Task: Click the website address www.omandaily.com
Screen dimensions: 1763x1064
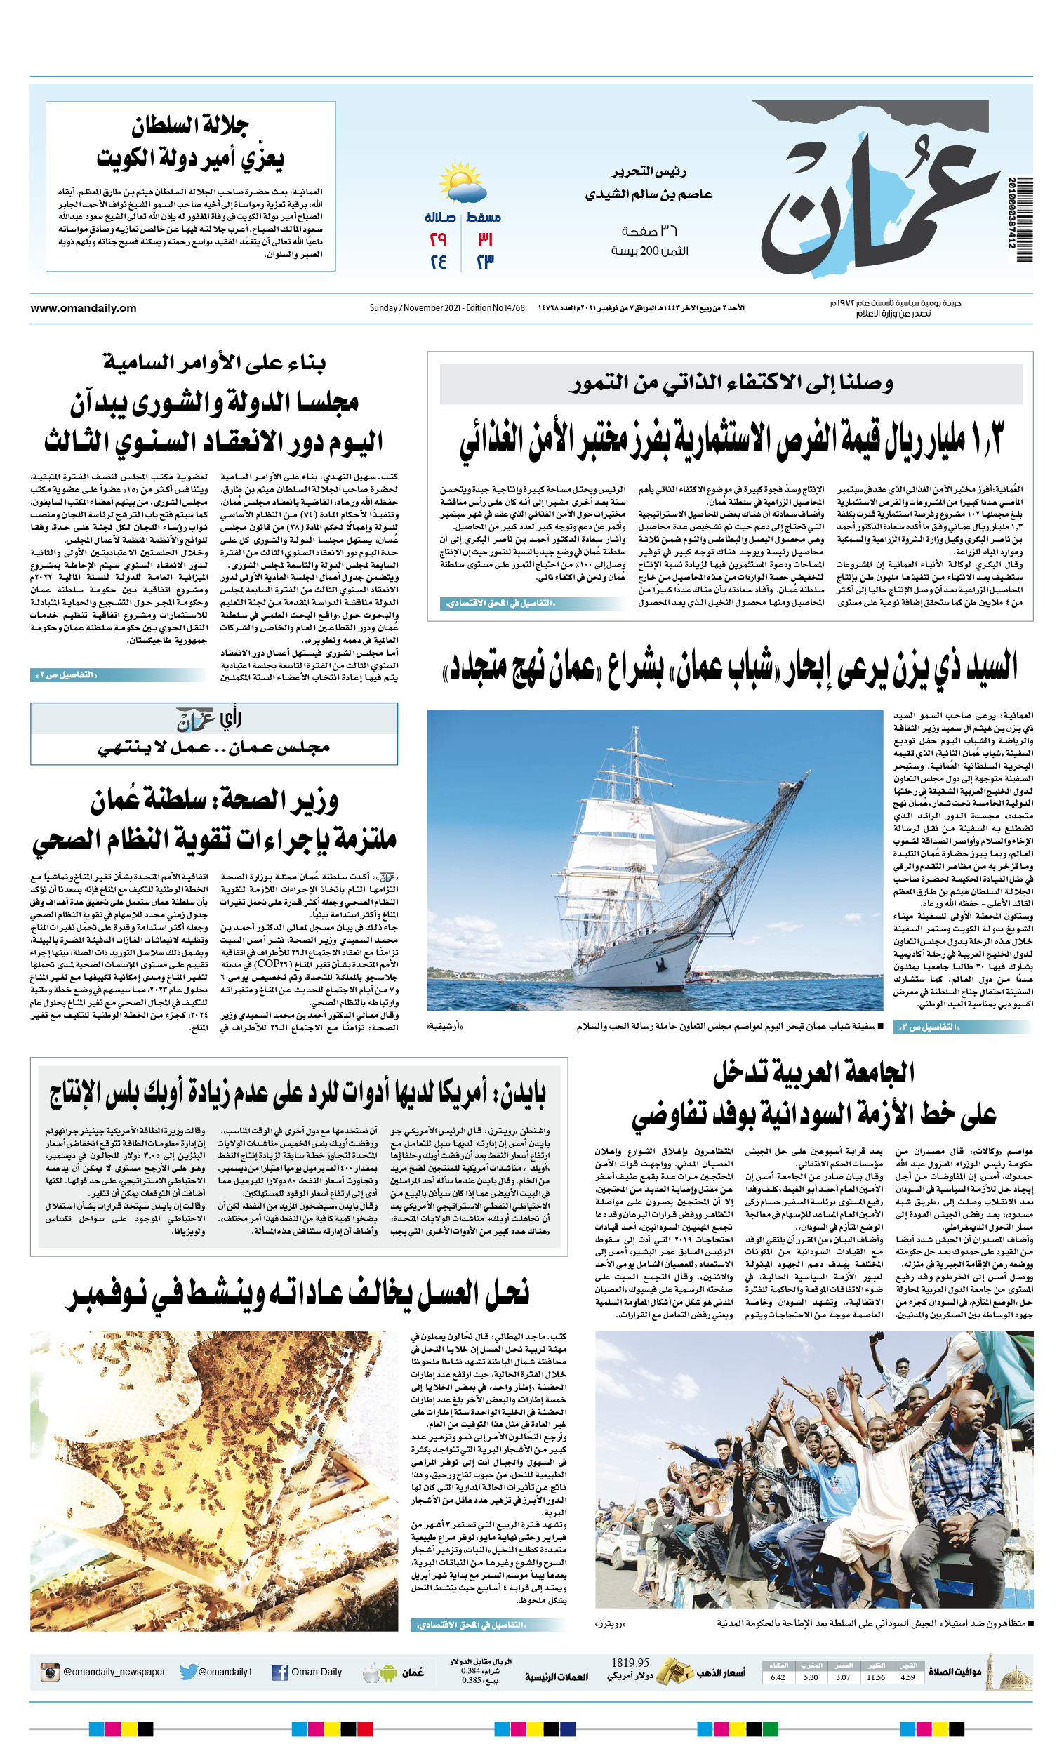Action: click(84, 308)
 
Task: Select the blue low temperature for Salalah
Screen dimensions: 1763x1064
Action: click(439, 262)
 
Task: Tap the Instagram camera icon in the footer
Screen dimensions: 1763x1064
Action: click(50, 1672)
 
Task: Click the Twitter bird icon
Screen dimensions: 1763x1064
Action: click(188, 1672)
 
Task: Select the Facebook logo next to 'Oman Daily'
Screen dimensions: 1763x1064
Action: click(280, 1672)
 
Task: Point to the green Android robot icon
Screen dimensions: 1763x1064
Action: click(389, 1673)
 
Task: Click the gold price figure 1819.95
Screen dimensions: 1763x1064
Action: click(630, 1663)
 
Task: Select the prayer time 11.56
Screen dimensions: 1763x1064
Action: click(876, 1677)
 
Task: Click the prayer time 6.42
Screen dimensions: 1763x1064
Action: click(778, 1677)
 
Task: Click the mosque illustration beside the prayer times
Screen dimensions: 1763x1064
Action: click(1013, 1673)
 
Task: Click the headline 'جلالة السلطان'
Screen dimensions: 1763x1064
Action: click(189, 126)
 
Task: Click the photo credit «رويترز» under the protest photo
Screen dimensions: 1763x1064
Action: click(611, 1624)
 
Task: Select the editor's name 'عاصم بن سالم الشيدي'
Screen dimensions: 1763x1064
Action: click(649, 194)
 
